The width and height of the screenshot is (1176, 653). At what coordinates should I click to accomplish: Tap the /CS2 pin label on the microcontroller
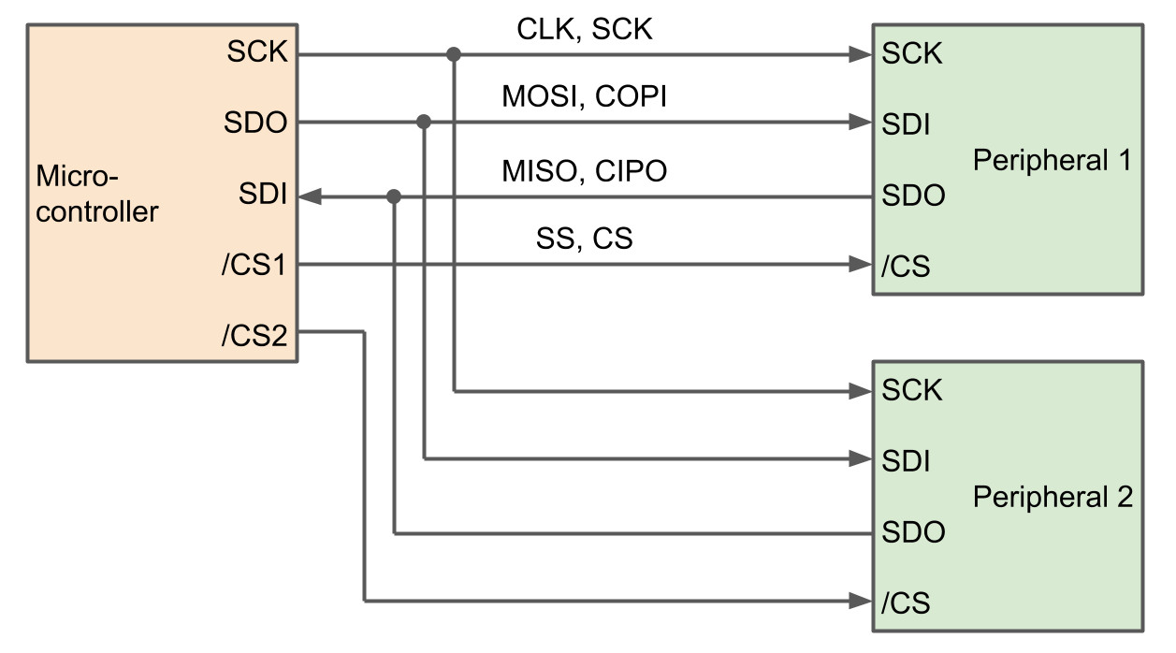click(x=253, y=337)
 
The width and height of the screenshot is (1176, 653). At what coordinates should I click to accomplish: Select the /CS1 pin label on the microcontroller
click(x=253, y=267)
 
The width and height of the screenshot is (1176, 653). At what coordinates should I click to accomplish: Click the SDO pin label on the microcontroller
click(x=255, y=123)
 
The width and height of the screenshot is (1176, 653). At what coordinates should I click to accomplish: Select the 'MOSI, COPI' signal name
click(x=584, y=98)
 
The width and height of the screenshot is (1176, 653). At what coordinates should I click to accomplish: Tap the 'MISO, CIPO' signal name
click(x=584, y=172)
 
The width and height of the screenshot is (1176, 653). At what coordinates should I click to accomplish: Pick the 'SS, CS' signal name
click(x=584, y=239)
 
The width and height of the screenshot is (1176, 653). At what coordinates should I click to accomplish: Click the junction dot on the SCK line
click(x=455, y=54)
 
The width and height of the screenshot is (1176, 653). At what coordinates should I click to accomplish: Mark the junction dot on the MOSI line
click(x=424, y=122)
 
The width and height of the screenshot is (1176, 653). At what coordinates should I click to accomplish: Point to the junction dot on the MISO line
click(x=394, y=196)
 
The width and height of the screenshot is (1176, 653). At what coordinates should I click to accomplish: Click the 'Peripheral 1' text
click(x=1053, y=160)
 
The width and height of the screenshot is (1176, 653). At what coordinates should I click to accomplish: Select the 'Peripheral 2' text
click(x=1053, y=496)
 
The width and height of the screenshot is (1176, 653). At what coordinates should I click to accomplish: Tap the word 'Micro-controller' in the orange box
click(x=96, y=194)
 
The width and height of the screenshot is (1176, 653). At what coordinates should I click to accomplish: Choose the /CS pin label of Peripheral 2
click(x=906, y=602)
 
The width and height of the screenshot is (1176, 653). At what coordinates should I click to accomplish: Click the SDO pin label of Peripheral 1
click(x=912, y=196)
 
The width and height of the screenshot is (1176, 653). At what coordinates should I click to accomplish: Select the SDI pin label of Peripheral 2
click(x=905, y=459)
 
